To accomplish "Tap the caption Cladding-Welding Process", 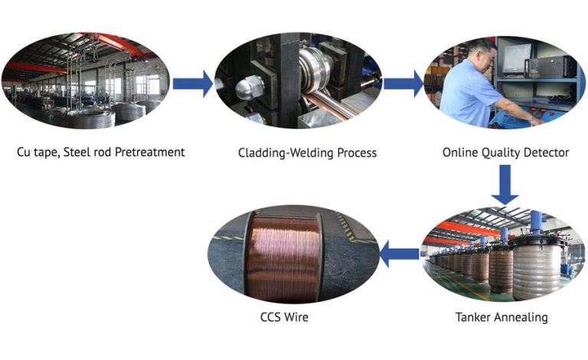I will click(307, 152).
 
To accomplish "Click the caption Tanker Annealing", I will click(501, 316).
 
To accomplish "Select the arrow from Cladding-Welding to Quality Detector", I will click(403, 83).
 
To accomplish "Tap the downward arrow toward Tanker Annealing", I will click(505, 185).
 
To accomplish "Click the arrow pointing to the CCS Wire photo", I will click(399, 254).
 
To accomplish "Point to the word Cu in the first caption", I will click(24, 152).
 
